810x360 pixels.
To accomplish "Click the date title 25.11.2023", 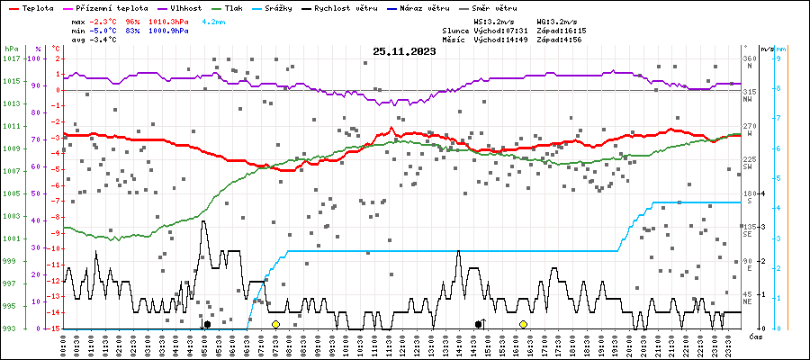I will pos(405,52).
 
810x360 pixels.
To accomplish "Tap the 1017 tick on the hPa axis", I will pos(11,58).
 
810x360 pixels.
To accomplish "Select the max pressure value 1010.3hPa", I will pos(170,20).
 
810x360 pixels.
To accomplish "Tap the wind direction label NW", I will pos(747,100).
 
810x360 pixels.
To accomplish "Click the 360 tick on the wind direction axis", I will pos(749,58).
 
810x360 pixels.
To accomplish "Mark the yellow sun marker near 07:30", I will pos(275,324).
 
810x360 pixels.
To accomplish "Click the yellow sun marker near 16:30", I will pos(523,324).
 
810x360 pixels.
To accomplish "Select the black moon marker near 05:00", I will pos(207,324).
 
